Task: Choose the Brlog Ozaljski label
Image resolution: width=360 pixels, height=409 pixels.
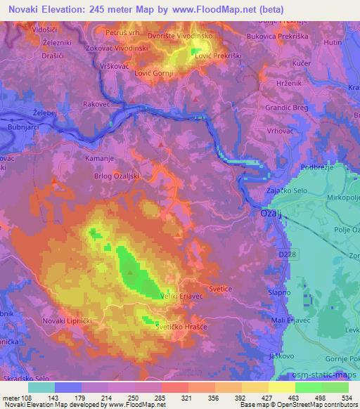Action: click(117, 176)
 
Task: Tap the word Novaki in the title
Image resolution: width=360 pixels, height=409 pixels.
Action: click(19, 8)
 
